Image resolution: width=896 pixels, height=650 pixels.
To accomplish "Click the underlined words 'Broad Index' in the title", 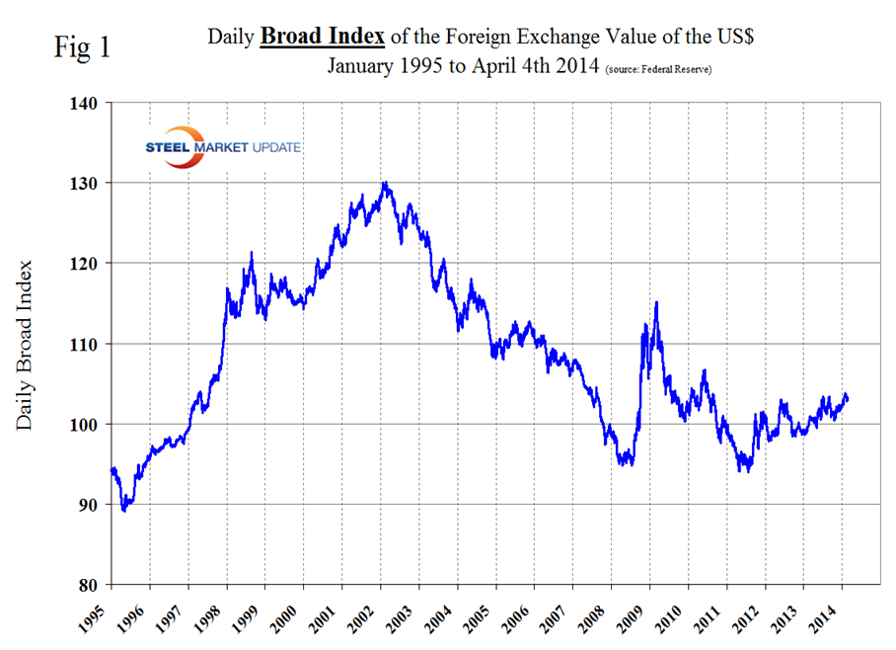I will click(x=322, y=37).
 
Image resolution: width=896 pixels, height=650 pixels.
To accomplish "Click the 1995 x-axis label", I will click(x=98, y=614).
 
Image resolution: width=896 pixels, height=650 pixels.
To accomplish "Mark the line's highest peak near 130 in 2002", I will click(x=385, y=183).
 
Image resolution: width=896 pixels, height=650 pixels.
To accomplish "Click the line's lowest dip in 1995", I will click(x=123, y=511).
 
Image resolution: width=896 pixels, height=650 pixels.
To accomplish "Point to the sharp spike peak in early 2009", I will click(x=656, y=302).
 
